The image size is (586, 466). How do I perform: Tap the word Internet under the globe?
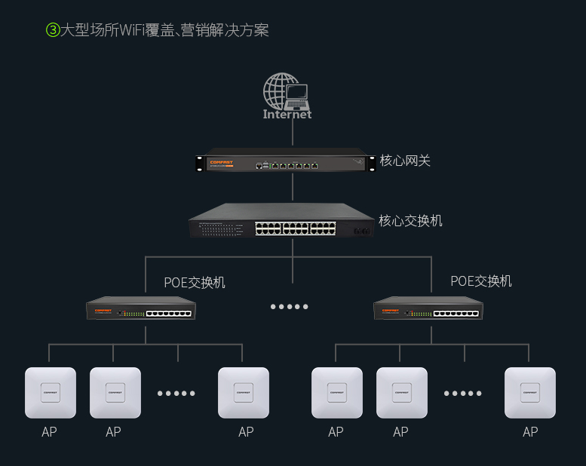point(287,115)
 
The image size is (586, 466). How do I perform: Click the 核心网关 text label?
point(405,161)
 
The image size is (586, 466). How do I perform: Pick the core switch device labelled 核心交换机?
point(281,222)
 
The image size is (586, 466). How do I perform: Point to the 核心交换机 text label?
point(410,221)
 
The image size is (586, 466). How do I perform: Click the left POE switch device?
point(141,309)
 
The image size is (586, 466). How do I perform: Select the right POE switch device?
point(428,309)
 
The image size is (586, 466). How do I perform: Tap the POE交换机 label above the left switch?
point(195,283)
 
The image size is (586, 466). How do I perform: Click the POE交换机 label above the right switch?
point(481,281)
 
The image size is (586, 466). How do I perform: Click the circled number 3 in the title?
point(53,30)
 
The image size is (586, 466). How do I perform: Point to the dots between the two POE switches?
point(290,307)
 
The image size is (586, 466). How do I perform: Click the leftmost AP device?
point(51,393)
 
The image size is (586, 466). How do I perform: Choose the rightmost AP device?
point(530,393)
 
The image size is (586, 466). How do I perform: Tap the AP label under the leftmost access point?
point(49,432)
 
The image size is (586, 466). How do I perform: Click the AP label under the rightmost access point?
point(530,432)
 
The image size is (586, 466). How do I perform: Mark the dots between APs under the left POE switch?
point(176,394)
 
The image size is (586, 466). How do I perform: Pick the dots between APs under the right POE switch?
point(463,394)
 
